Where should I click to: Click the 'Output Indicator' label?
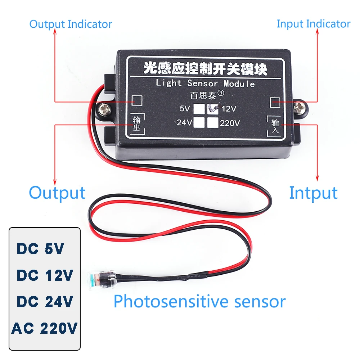click(x=71, y=24)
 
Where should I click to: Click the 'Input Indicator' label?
click(x=313, y=24)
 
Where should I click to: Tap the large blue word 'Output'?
click(x=57, y=193)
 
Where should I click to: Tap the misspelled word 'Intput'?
click(x=313, y=193)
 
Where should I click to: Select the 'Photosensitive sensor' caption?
click(x=199, y=301)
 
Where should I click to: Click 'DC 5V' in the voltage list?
click(x=40, y=249)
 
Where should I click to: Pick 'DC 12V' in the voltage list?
click(x=45, y=275)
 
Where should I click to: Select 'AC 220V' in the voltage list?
click(x=45, y=328)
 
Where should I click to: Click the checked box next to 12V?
click(x=212, y=109)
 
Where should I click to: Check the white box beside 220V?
click(x=213, y=122)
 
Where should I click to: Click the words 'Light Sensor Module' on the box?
click(x=205, y=84)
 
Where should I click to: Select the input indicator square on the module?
click(x=275, y=102)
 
